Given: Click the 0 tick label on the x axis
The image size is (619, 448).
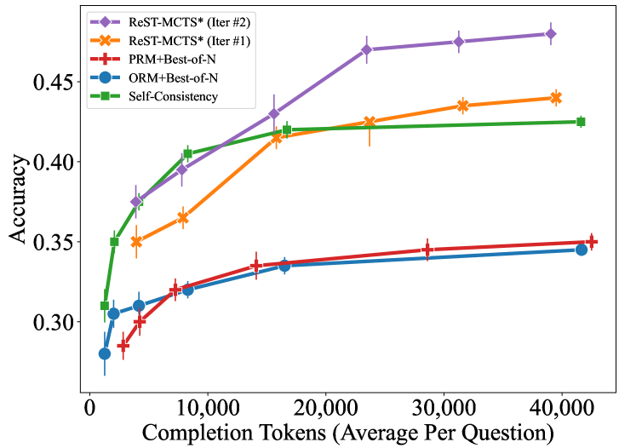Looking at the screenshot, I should [89, 410].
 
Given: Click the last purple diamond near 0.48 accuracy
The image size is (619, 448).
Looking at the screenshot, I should [551, 34].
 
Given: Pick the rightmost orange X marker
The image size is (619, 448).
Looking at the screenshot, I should [556, 98].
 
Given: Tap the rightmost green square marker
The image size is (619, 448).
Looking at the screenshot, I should [581, 122].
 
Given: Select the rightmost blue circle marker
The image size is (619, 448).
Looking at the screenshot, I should [582, 250].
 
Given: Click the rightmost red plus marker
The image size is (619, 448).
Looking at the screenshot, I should [592, 242].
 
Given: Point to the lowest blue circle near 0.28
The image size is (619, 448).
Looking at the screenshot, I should [105, 353].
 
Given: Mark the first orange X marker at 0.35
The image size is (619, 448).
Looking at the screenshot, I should [136, 242].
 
